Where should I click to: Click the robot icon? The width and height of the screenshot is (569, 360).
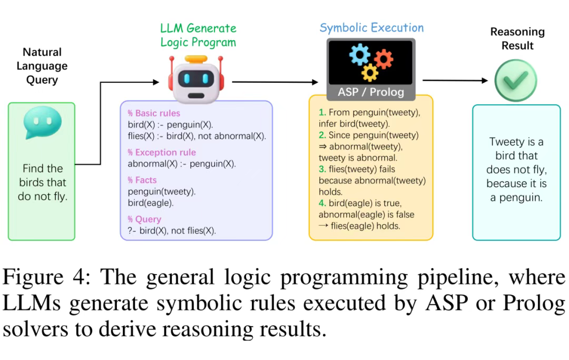(x=196, y=79)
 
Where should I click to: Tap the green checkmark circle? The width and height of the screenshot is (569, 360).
(x=516, y=80)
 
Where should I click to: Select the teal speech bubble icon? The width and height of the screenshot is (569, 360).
(x=42, y=122)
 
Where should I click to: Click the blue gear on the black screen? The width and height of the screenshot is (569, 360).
(x=360, y=54)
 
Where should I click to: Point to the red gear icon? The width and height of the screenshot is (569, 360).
(x=384, y=59)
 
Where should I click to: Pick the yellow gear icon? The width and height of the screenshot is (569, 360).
(x=370, y=73)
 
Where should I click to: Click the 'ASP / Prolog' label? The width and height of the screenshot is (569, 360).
(x=371, y=92)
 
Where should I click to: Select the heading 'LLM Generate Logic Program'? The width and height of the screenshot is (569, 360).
(x=198, y=35)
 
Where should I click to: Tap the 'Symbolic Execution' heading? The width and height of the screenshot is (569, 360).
(x=371, y=28)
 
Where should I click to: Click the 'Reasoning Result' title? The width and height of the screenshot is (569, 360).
(x=517, y=38)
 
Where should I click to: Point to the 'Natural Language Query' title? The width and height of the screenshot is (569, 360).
(x=42, y=66)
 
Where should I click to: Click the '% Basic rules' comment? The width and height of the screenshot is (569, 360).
(x=154, y=113)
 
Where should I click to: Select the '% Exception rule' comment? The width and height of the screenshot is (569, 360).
(x=162, y=152)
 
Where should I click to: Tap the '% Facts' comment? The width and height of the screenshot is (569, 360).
(x=142, y=180)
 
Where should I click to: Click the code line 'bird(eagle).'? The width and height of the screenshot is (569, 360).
(x=151, y=203)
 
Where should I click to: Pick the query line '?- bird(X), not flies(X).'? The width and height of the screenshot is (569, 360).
(x=172, y=231)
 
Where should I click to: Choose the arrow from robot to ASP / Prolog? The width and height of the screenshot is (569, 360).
(x=275, y=82)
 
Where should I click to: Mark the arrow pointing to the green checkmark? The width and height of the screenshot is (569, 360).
(x=455, y=80)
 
